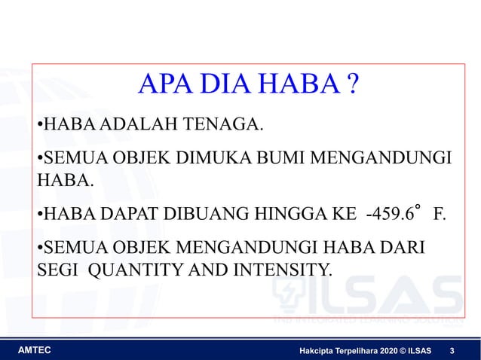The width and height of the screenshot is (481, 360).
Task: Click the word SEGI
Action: [59, 270]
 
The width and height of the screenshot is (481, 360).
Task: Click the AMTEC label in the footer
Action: [34, 351]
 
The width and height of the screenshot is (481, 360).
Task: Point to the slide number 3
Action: [451, 351]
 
